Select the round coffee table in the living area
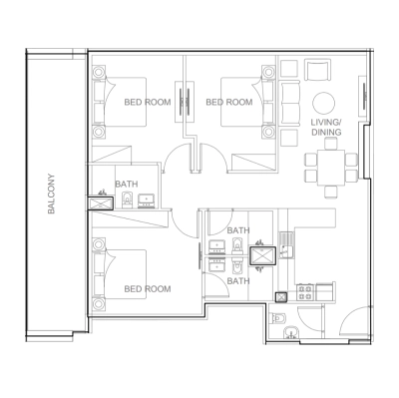click(x=324, y=102)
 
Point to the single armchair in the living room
click(x=320, y=71)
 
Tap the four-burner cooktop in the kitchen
click(x=306, y=294)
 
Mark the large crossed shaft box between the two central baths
click(x=264, y=254)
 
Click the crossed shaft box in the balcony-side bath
click(x=102, y=202)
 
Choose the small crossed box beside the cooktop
click(x=282, y=294)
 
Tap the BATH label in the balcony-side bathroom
click(x=127, y=184)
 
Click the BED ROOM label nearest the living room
click(x=228, y=102)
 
